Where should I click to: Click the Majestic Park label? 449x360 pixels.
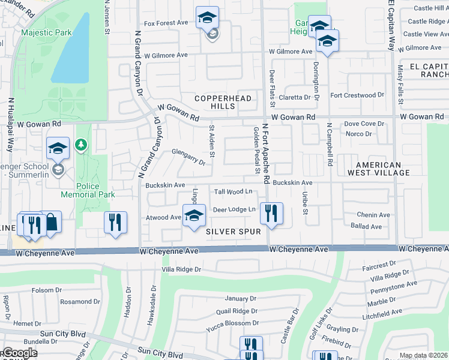pos(46,32)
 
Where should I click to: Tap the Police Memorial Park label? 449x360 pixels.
pos(88,190)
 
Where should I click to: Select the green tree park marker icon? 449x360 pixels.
pos(81,145)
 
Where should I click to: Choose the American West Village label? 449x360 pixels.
pos(382,169)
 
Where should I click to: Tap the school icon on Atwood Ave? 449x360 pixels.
pos(193,217)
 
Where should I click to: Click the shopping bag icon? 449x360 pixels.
pos(52,221)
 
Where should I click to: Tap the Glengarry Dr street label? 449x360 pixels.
pos(188,157)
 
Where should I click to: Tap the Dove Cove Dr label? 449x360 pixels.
pos(364,124)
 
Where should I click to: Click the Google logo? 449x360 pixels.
pos(19,353)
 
